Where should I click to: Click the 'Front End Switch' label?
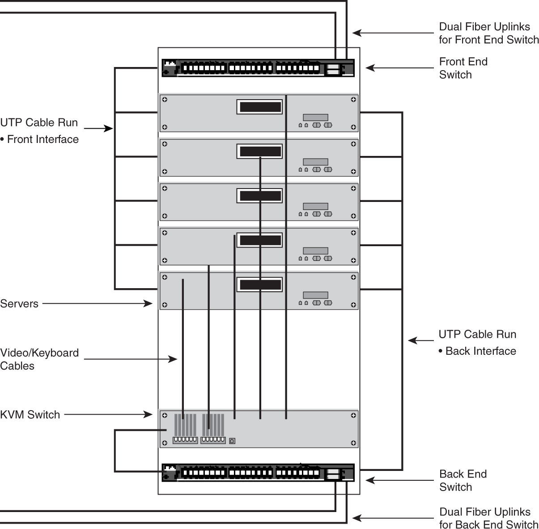point(463,68)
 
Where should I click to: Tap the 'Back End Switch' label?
point(463,480)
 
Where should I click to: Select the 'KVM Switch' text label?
point(30,415)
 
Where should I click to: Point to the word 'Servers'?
point(19,304)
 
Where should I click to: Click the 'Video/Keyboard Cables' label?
point(39,359)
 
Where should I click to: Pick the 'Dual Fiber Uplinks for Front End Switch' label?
point(488,33)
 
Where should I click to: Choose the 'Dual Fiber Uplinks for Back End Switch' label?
point(488,518)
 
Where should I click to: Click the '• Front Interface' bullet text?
point(40,139)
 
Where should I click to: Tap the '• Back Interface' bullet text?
point(478,351)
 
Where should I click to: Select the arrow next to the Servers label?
point(98,304)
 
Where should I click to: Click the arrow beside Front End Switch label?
point(399,68)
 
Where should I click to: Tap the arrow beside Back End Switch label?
point(399,480)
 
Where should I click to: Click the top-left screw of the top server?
point(165,100)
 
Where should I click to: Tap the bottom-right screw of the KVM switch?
point(353,443)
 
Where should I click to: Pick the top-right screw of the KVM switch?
point(353,416)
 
